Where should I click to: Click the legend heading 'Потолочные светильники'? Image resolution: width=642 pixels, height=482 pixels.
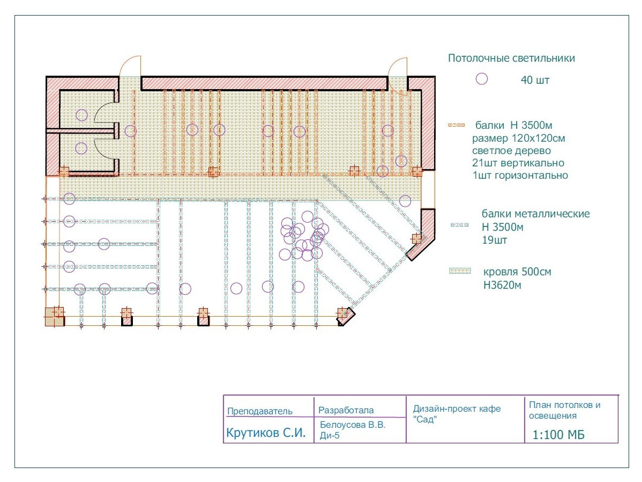click(x=511, y=59)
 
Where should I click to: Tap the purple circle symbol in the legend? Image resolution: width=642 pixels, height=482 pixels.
click(x=481, y=79)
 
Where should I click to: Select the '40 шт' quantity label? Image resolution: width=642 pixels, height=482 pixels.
click(x=535, y=80)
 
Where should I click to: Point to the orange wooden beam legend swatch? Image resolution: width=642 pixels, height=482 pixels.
click(x=456, y=125)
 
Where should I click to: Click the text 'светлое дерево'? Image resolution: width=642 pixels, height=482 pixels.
click(x=511, y=150)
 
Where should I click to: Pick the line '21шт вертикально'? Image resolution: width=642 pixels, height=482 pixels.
click(x=518, y=163)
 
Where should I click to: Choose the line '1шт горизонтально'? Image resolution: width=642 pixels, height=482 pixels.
click(x=520, y=175)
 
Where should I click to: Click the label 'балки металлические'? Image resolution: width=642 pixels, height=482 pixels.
click(x=535, y=214)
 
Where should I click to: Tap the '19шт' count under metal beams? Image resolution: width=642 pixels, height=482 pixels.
click(x=494, y=240)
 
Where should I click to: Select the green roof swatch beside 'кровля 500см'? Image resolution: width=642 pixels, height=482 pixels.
click(x=460, y=271)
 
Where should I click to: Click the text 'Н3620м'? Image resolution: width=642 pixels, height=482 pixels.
click(x=502, y=285)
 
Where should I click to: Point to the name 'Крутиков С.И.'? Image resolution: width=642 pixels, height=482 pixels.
click(x=266, y=433)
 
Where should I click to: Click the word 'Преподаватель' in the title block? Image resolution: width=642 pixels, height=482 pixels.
click(x=259, y=411)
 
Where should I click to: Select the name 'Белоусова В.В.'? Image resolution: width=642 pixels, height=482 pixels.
click(x=353, y=425)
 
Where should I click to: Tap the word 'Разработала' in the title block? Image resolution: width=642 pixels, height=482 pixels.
click(x=346, y=410)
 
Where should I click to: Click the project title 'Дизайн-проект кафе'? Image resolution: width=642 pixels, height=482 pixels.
click(x=457, y=408)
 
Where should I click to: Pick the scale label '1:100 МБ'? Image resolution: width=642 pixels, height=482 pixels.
click(x=558, y=435)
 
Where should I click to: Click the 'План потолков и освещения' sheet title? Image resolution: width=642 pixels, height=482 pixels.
click(x=565, y=410)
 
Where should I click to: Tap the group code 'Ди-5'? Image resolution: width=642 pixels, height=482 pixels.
click(x=330, y=436)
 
